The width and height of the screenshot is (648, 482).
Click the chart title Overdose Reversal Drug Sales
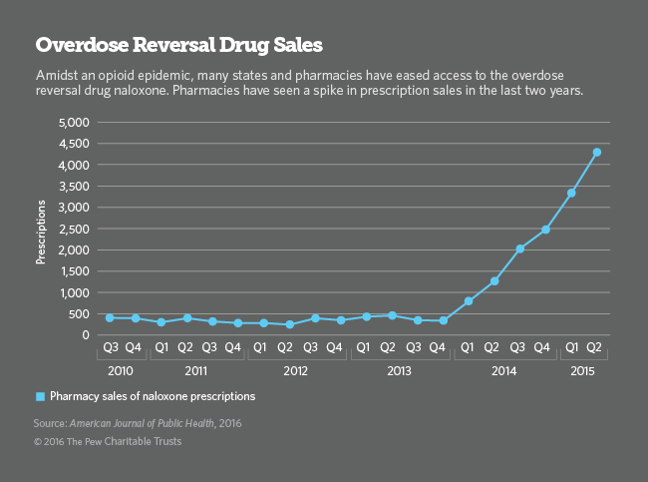[x=179, y=45]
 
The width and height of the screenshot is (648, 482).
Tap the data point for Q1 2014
[x=469, y=301]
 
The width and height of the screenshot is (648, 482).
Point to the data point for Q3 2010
[x=110, y=317]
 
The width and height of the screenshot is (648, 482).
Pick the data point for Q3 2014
[x=520, y=248]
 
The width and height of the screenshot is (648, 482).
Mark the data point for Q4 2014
[x=546, y=230]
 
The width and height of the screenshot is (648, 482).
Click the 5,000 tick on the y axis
[x=74, y=123]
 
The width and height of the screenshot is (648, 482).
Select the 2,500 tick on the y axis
[x=74, y=229]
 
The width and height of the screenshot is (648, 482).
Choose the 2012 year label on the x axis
[x=295, y=369]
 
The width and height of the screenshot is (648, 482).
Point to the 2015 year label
[x=583, y=369]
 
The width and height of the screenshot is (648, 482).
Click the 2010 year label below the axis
[x=122, y=369]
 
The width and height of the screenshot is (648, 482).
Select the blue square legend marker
[x=40, y=396]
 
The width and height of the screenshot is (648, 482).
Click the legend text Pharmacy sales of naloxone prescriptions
[x=153, y=396]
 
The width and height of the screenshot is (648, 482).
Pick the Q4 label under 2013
[x=443, y=348]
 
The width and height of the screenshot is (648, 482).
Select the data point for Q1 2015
[x=571, y=193]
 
